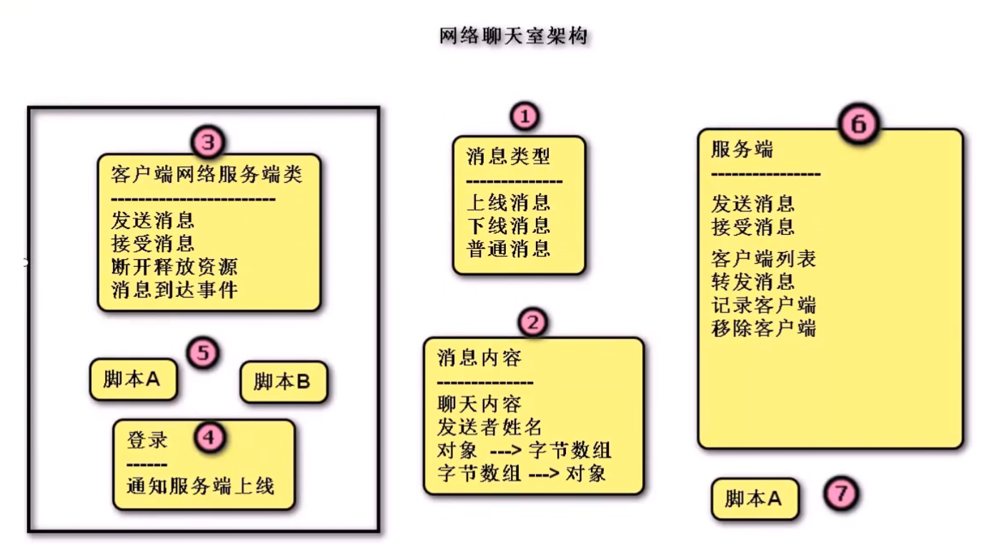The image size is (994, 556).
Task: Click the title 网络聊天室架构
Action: [x=514, y=35]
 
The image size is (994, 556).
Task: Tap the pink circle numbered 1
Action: [x=525, y=116]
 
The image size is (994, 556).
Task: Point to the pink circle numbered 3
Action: [x=208, y=142]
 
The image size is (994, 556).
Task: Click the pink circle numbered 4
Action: [x=209, y=438]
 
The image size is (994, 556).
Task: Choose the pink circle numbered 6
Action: [x=858, y=124]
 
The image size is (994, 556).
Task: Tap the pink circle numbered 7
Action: [x=840, y=494]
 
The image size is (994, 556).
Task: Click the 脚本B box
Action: [x=283, y=382]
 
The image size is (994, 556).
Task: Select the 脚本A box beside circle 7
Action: [x=754, y=498]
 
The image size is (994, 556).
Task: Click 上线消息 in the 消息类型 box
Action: [x=508, y=202]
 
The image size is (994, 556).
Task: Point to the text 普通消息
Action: [x=508, y=248]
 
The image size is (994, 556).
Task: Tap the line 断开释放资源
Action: [x=174, y=266]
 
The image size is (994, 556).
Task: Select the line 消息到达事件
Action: [x=174, y=290]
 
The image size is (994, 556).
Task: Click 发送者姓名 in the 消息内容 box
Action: [x=489, y=427]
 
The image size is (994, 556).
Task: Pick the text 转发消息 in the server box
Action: [x=752, y=281]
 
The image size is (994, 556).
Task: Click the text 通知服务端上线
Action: [x=200, y=486]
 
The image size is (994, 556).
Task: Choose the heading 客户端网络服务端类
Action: [x=207, y=174]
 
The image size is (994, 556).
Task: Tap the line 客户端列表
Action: [x=763, y=258]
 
